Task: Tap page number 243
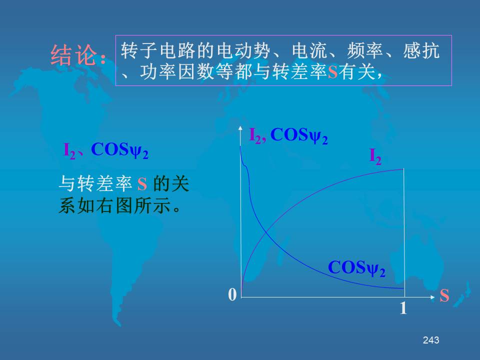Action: click(430, 340)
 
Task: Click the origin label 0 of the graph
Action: click(232, 294)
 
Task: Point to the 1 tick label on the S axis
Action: click(403, 308)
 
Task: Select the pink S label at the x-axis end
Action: click(444, 295)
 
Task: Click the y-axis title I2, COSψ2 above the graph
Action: click(288, 135)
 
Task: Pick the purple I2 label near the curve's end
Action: click(375, 156)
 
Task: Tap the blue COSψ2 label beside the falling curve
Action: click(356, 268)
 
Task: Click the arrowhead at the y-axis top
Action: click(240, 127)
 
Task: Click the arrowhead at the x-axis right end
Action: click(432, 297)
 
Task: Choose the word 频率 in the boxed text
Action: click(365, 50)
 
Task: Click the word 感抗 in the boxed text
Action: click(421, 50)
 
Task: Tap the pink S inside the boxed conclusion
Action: click(332, 72)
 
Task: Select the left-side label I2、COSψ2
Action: click(106, 150)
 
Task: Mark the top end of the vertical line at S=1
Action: click(404, 168)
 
